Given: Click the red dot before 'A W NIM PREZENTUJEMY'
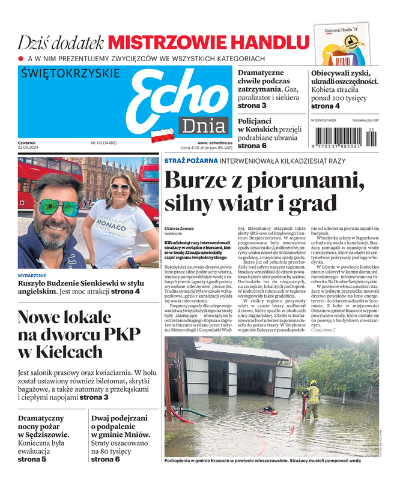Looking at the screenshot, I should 21,58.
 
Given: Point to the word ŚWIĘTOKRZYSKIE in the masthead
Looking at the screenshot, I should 70,73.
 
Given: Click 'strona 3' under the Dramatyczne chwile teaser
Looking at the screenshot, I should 252,106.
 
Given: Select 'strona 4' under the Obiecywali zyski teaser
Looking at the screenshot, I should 325,106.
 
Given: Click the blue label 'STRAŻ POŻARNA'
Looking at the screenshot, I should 190,161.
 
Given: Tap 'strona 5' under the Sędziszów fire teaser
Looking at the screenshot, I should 32,460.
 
